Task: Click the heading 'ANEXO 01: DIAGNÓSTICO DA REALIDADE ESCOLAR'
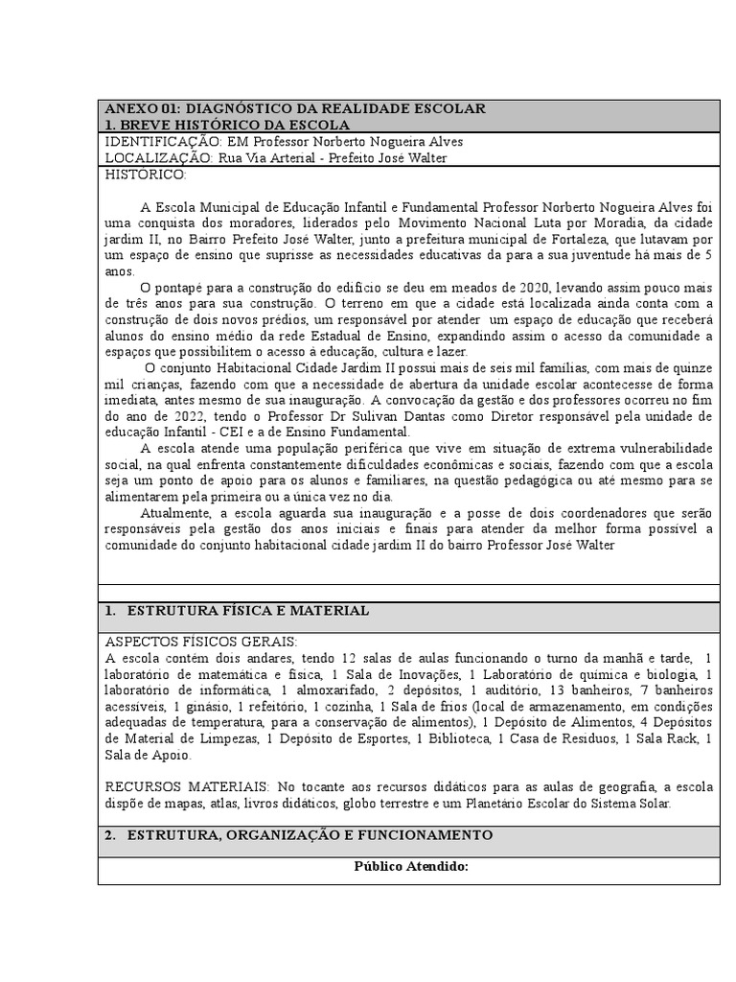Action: coord(294,108)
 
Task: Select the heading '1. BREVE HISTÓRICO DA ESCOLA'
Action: coord(227,125)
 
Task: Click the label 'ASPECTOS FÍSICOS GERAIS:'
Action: coord(201,642)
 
